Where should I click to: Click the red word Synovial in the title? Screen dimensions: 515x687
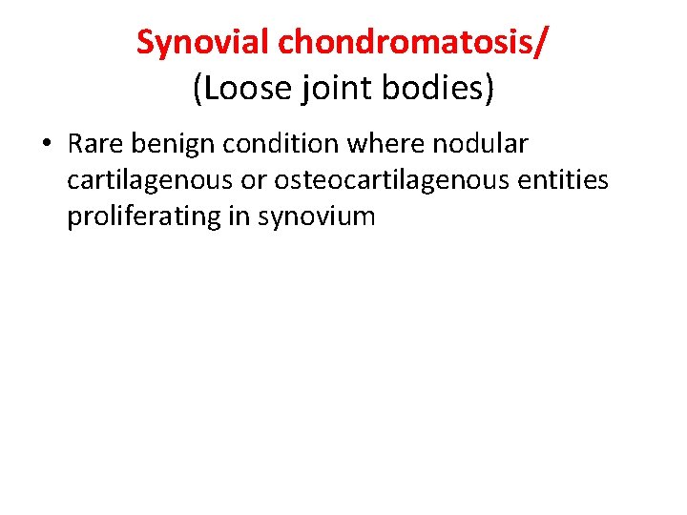(x=203, y=42)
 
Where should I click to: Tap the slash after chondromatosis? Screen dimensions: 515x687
(x=543, y=42)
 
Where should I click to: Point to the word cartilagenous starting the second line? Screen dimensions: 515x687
(x=145, y=180)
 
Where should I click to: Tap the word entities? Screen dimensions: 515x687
(x=560, y=180)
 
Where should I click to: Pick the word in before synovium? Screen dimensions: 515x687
(x=239, y=216)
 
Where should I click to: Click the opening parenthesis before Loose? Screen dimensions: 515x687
(x=198, y=89)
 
